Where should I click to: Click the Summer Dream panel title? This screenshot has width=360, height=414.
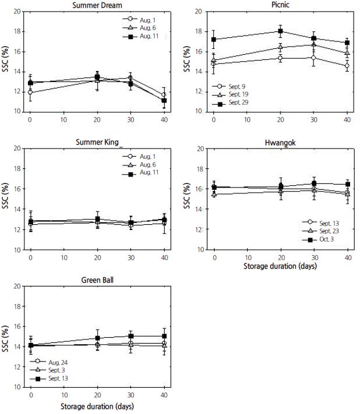click(92, 5)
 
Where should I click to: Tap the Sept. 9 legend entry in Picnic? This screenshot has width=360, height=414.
click(238, 86)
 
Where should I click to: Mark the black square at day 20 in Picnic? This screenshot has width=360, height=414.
click(280, 31)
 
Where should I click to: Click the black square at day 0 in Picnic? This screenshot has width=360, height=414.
click(213, 40)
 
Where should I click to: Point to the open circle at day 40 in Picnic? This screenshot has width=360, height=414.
click(347, 66)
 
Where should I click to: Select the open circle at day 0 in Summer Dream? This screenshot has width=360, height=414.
click(30, 93)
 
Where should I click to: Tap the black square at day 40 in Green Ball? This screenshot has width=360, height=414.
click(164, 336)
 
